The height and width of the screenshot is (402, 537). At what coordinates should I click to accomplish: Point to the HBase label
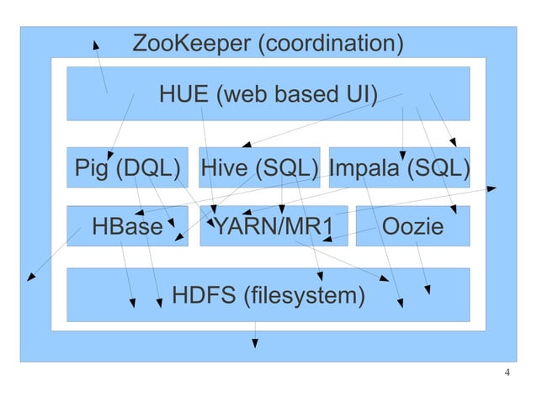click(x=127, y=226)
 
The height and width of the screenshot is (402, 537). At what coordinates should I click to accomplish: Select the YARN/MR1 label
click(x=273, y=226)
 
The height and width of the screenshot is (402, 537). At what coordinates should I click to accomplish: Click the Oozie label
click(x=412, y=226)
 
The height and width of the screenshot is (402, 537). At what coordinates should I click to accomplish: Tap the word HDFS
click(x=203, y=296)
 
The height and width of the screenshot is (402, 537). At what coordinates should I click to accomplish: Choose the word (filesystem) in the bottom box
click(x=304, y=296)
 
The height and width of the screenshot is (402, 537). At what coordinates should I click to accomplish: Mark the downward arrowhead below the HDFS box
click(x=255, y=344)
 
